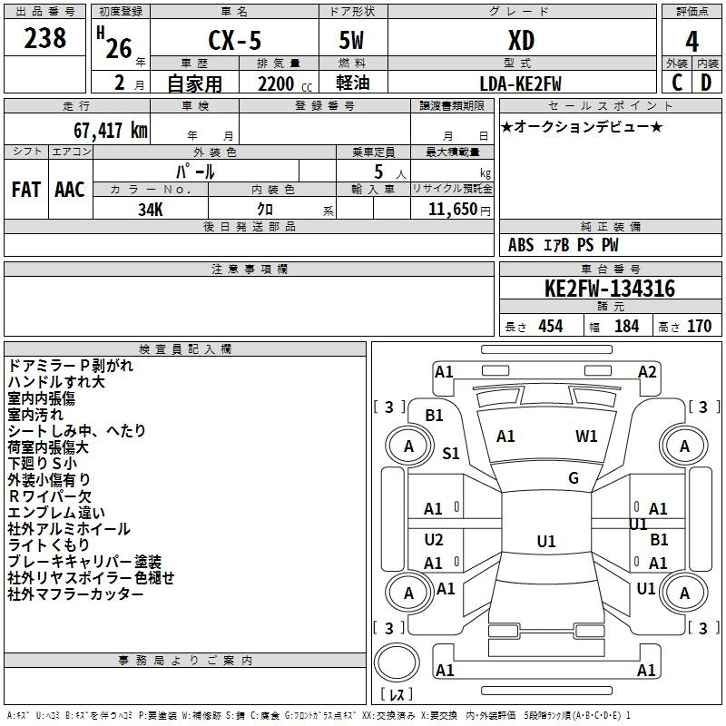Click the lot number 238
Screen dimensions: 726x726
click(44, 38)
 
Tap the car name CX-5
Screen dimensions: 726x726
click(235, 40)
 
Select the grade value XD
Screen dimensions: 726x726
click(521, 41)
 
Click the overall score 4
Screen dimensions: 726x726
click(692, 42)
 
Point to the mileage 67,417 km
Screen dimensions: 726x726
click(111, 131)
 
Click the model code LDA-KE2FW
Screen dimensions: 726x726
click(520, 83)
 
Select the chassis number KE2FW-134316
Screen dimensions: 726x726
click(610, 289)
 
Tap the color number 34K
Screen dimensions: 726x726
click(151, 210)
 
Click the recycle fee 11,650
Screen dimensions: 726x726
click(452, 210)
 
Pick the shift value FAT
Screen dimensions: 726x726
click(26, 190)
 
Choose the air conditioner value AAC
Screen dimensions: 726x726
click(70, 190)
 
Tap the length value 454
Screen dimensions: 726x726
click(551, 326)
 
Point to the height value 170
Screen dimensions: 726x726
click(699, 326)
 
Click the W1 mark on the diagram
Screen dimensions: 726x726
click(586, 436)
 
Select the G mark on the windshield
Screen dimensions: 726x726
click(574, 478)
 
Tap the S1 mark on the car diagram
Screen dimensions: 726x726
click(450, 453)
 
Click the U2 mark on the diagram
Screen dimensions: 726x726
click(434, 540)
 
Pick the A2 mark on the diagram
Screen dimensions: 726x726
click(647, 372)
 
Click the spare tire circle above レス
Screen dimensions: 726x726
click(397, 662)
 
